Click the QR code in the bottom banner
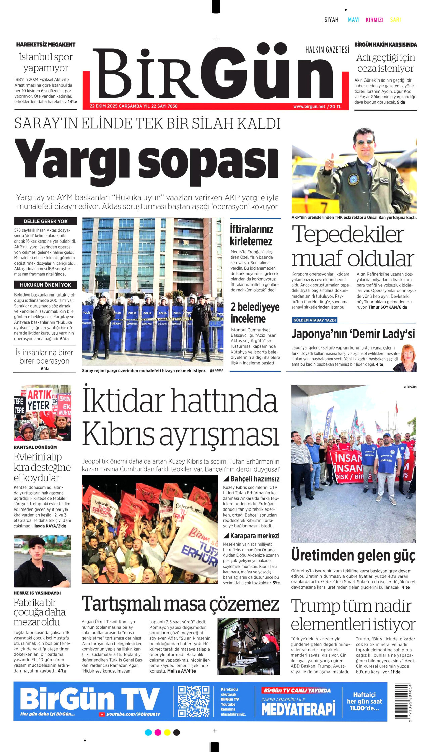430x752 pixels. [193, 701]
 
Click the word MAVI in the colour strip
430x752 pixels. [354, 20]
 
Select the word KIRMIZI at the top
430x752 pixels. [374, 20]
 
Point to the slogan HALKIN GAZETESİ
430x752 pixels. [327, 50]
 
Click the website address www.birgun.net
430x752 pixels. [309, 106]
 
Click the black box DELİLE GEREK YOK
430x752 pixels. [45, 221]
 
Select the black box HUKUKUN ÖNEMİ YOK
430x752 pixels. [45, 285]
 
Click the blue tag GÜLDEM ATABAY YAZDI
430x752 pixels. [314, 320]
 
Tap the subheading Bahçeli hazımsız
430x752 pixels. [255, 479]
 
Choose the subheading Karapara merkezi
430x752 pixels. [255, 536]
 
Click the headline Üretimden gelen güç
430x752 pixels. [353, 555]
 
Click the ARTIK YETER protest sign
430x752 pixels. [39, 400]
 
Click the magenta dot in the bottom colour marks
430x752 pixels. [158, 732]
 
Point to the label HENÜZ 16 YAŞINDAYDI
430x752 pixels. [37, 593]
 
